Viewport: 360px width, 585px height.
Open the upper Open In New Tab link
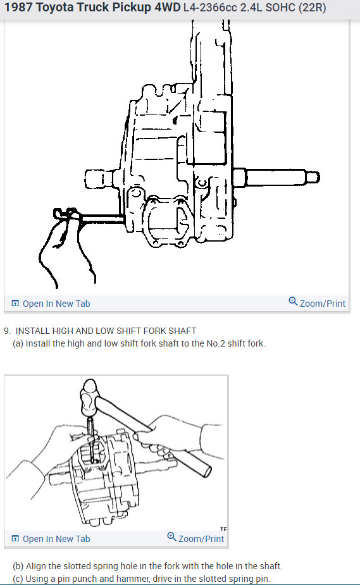56,304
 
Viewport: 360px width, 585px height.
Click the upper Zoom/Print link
322,304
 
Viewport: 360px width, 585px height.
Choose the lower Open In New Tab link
56,539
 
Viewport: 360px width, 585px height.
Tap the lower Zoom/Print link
201,539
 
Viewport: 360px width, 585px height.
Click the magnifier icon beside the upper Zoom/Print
293,302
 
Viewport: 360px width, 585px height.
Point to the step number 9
6,331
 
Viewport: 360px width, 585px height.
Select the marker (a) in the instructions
18,344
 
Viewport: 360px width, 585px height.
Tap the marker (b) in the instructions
18,566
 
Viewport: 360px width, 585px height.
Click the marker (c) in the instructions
18,579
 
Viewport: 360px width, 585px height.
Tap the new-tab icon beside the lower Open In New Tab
15,539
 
